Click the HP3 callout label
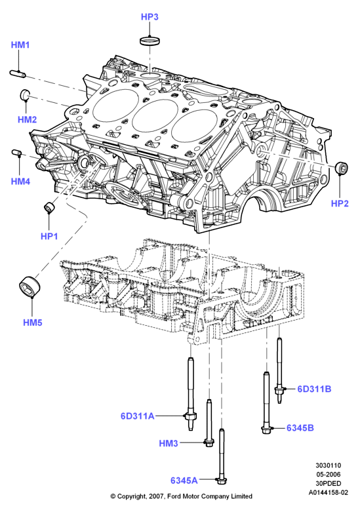point(150,17)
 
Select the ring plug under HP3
point(150,41)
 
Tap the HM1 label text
point(20,45)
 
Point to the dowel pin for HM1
point(17,73)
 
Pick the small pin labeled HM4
point(17,153)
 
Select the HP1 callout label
point(49,236)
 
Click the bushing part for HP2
point(342,167)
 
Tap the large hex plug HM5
point(30,286)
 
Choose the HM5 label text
point(33,323)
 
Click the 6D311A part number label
point(137,416)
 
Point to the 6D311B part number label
point(314,389)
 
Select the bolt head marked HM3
point(209,442)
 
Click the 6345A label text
point(184,480)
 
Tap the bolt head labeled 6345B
point(266,429)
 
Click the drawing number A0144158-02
point(328,492)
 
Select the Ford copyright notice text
point(181,496)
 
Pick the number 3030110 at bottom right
point(328,465)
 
